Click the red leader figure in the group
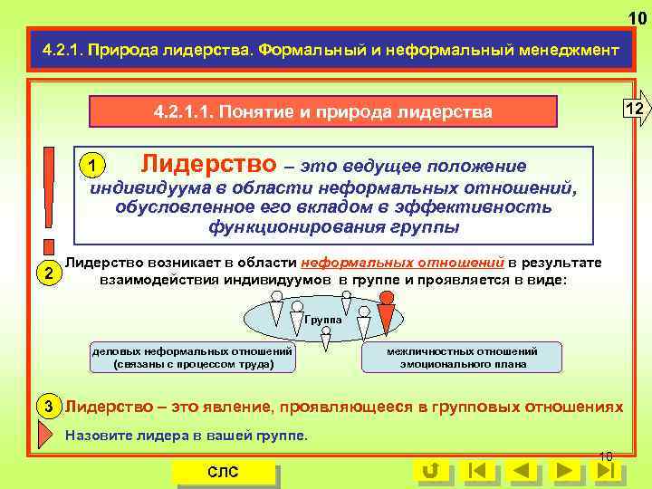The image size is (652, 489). coord(387,316)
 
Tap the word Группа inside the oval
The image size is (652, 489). coord(322,320)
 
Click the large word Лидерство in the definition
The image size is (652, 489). coord(209,164)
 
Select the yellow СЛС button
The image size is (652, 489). coord(223,472)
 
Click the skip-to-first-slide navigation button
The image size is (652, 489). coord(477,471)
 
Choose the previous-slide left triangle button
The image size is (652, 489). coord(522,471)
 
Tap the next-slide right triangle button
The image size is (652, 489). coord(564,471)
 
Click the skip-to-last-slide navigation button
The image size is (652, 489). coord(608,471)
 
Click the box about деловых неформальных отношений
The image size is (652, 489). coord(192,358)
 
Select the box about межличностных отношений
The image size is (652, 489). coord(461,358)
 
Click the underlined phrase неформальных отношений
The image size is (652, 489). coord(402,263)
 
